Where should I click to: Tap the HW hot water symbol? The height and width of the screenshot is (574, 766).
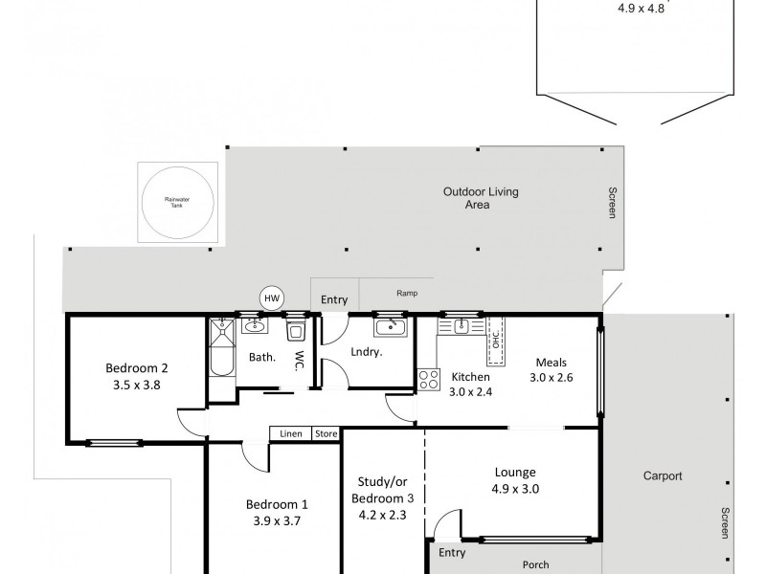click(272, 299)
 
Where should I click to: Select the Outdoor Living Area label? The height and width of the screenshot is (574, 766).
click(480, 198)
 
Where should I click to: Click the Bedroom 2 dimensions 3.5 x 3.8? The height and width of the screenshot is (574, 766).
click(137, 385)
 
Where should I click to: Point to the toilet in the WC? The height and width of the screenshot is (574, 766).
click(295, 332)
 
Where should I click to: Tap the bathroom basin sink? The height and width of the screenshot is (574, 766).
click(254, 327)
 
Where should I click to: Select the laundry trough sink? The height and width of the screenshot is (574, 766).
click(392, 328)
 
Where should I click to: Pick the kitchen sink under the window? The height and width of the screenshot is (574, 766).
click(461, 326)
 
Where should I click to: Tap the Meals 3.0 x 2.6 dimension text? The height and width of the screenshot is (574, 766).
click(552, 378)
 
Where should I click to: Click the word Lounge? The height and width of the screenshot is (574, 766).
click(515, 472)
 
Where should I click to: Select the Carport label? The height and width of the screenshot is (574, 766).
click(663, 475)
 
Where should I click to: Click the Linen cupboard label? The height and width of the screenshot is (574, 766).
click(291, 434)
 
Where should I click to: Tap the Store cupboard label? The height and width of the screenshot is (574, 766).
click(327, 434)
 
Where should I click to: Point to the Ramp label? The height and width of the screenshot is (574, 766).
click(408, 295)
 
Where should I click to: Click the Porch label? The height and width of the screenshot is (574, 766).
click(535, 564)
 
